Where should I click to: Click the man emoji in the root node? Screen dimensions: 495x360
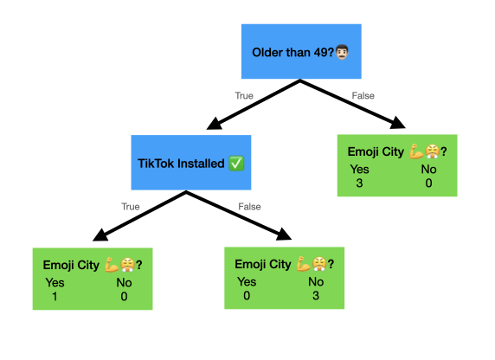click(342, 52)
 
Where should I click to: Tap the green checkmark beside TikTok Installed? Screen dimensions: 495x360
click(236, 164)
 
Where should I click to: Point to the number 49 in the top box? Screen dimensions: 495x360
click(321, 53)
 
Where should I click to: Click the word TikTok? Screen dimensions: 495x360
click(157, 164)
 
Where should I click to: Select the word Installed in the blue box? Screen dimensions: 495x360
click(201, 164)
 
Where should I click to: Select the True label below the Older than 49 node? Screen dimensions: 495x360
click(244, 96)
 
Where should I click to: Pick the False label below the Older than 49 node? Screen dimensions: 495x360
click(363, 96)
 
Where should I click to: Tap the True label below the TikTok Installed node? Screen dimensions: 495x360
click(131, 207)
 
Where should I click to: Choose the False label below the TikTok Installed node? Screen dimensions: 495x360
click(249, 207)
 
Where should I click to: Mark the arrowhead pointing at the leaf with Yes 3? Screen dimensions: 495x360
click(398, 123)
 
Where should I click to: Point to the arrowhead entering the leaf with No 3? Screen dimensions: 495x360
click(284, 235)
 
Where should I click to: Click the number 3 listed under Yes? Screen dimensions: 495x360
click(359, 183)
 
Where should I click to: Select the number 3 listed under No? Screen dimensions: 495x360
click(316, 296)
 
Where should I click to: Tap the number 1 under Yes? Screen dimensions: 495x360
click(55, 297)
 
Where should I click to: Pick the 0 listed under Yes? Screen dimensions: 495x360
click(247, 296)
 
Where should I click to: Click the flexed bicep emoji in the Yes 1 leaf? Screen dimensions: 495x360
click(112, 265)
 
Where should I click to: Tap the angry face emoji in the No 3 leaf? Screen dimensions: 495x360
click(319, 264)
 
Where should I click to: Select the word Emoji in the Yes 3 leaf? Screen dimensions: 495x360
click(362, 152)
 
